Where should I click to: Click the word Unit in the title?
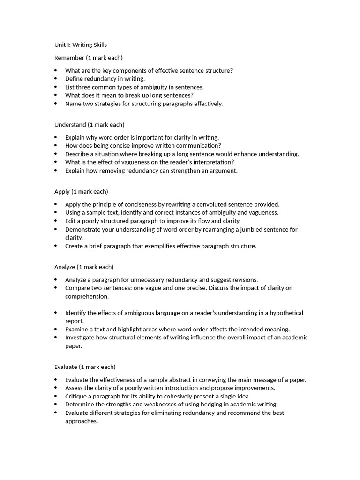coord(61,45)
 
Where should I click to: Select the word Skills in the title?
coord(99,45)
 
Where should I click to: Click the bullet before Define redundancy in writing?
coord(55,79)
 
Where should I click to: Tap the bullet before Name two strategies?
coord(55,104)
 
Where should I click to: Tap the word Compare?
coord(77,288)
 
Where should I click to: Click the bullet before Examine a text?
coord(55,329)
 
